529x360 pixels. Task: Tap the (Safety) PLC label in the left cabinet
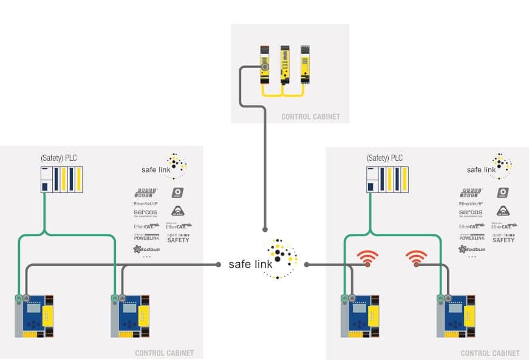59,158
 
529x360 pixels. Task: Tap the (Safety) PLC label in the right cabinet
385,158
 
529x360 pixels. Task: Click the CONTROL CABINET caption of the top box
310,117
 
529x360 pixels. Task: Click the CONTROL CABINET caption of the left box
164,353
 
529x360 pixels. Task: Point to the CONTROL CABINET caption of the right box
490,353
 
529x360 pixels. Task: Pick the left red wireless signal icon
367,258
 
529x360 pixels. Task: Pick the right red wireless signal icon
416,258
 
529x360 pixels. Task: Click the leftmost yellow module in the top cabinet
265,63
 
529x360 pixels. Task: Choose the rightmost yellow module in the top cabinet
305,63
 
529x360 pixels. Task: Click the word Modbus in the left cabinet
146,249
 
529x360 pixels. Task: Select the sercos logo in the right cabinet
471,212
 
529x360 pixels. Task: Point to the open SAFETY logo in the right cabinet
503,237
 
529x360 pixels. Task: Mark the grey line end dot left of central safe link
219,264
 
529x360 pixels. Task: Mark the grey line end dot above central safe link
265,229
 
